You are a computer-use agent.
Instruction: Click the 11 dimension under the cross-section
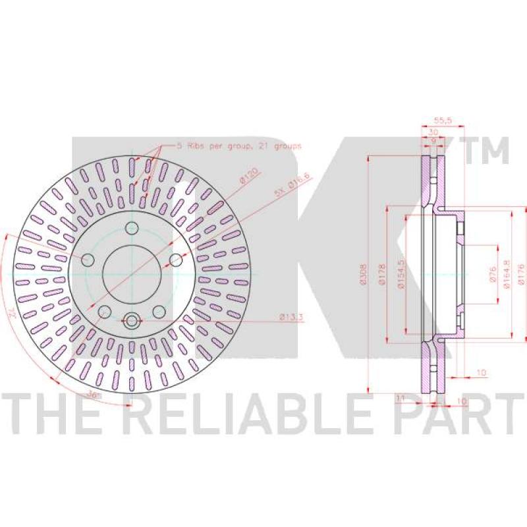click(399, 397)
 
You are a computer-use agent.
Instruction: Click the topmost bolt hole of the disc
click(132, 228)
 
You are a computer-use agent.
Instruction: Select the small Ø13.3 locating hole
click(132, 320)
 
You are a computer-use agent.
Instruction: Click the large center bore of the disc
click(132, 273)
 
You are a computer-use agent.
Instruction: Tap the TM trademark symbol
click(488, 151)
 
